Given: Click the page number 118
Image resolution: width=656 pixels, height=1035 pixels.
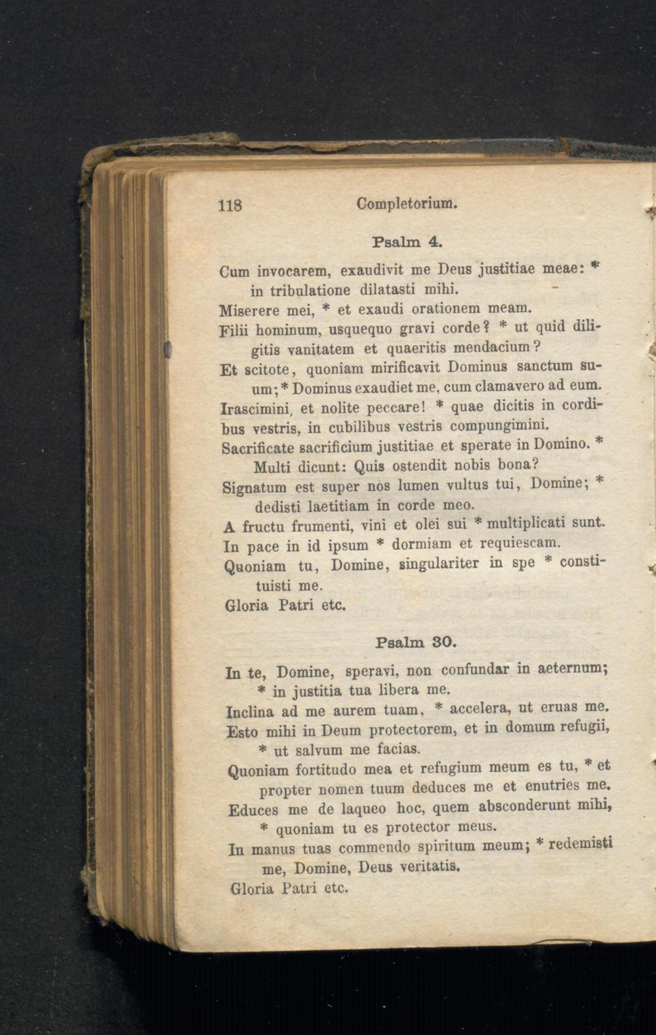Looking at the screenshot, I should click(230, 205).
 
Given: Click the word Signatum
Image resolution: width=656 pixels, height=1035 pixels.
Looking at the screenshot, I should click(255, 487).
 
